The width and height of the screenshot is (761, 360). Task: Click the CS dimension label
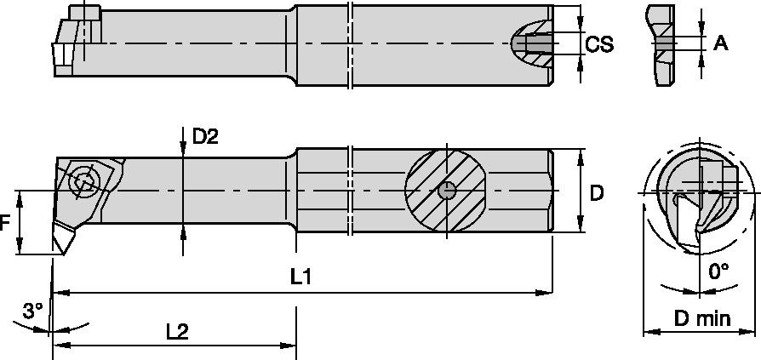(x=600, y=44)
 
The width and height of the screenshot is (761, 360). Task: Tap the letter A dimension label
(x=720, y=43)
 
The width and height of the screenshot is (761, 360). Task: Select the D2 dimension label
(x=205, y=136)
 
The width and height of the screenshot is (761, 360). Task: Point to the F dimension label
(x=7, y=223)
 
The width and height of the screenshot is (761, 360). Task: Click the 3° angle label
(x=32, y=311)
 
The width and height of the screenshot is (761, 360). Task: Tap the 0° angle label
(x=719, y=271)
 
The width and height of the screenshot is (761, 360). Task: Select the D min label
(x=702, y=319)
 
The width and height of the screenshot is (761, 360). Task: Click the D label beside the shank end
(x=597, y=193)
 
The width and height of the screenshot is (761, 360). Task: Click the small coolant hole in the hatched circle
(x=444, y=191)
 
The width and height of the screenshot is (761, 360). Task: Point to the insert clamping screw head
(x=83, y=180)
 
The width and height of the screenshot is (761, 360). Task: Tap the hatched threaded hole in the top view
(x=533, y=43)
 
